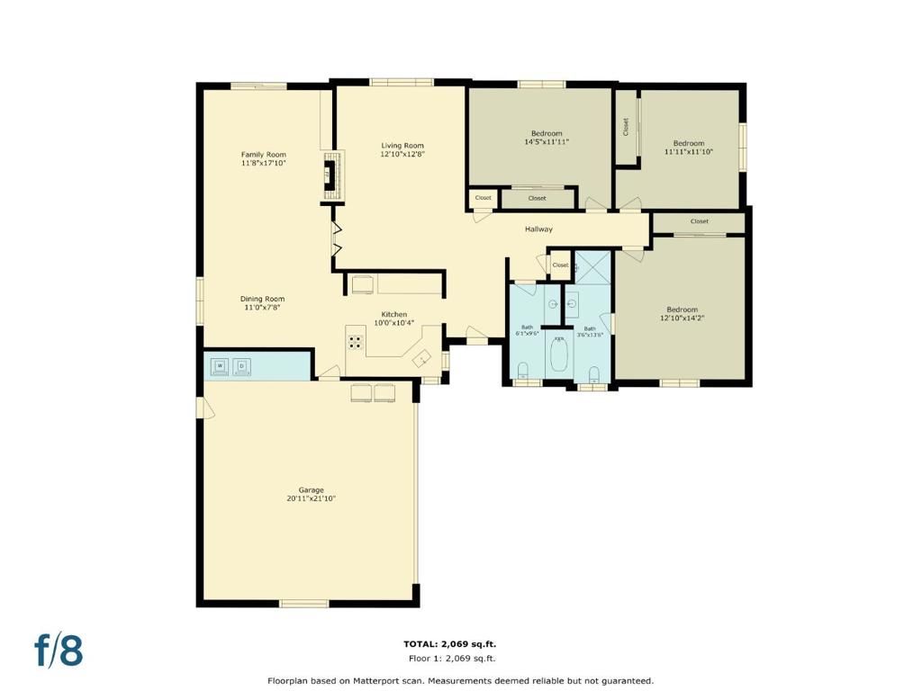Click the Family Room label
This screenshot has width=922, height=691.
263,155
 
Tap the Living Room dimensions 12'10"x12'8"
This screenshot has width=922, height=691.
402,154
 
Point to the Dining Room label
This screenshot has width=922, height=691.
262,299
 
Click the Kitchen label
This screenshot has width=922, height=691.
393,314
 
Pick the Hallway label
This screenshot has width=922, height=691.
538,229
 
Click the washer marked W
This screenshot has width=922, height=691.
221,365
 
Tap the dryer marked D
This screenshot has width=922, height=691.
242,365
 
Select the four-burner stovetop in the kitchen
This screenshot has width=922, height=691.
355,342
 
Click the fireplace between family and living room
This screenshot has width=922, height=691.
330,176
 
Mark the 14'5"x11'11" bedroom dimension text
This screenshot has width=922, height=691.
547,141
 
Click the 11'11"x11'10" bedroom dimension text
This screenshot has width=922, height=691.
689,152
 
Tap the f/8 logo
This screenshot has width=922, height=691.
59,650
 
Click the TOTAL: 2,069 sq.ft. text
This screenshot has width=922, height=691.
449,644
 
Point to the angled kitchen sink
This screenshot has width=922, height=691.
421,358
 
